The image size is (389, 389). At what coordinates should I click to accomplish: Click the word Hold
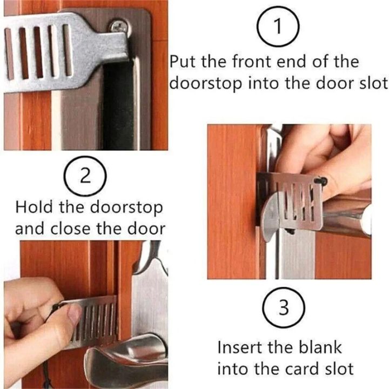coord(35,207)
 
